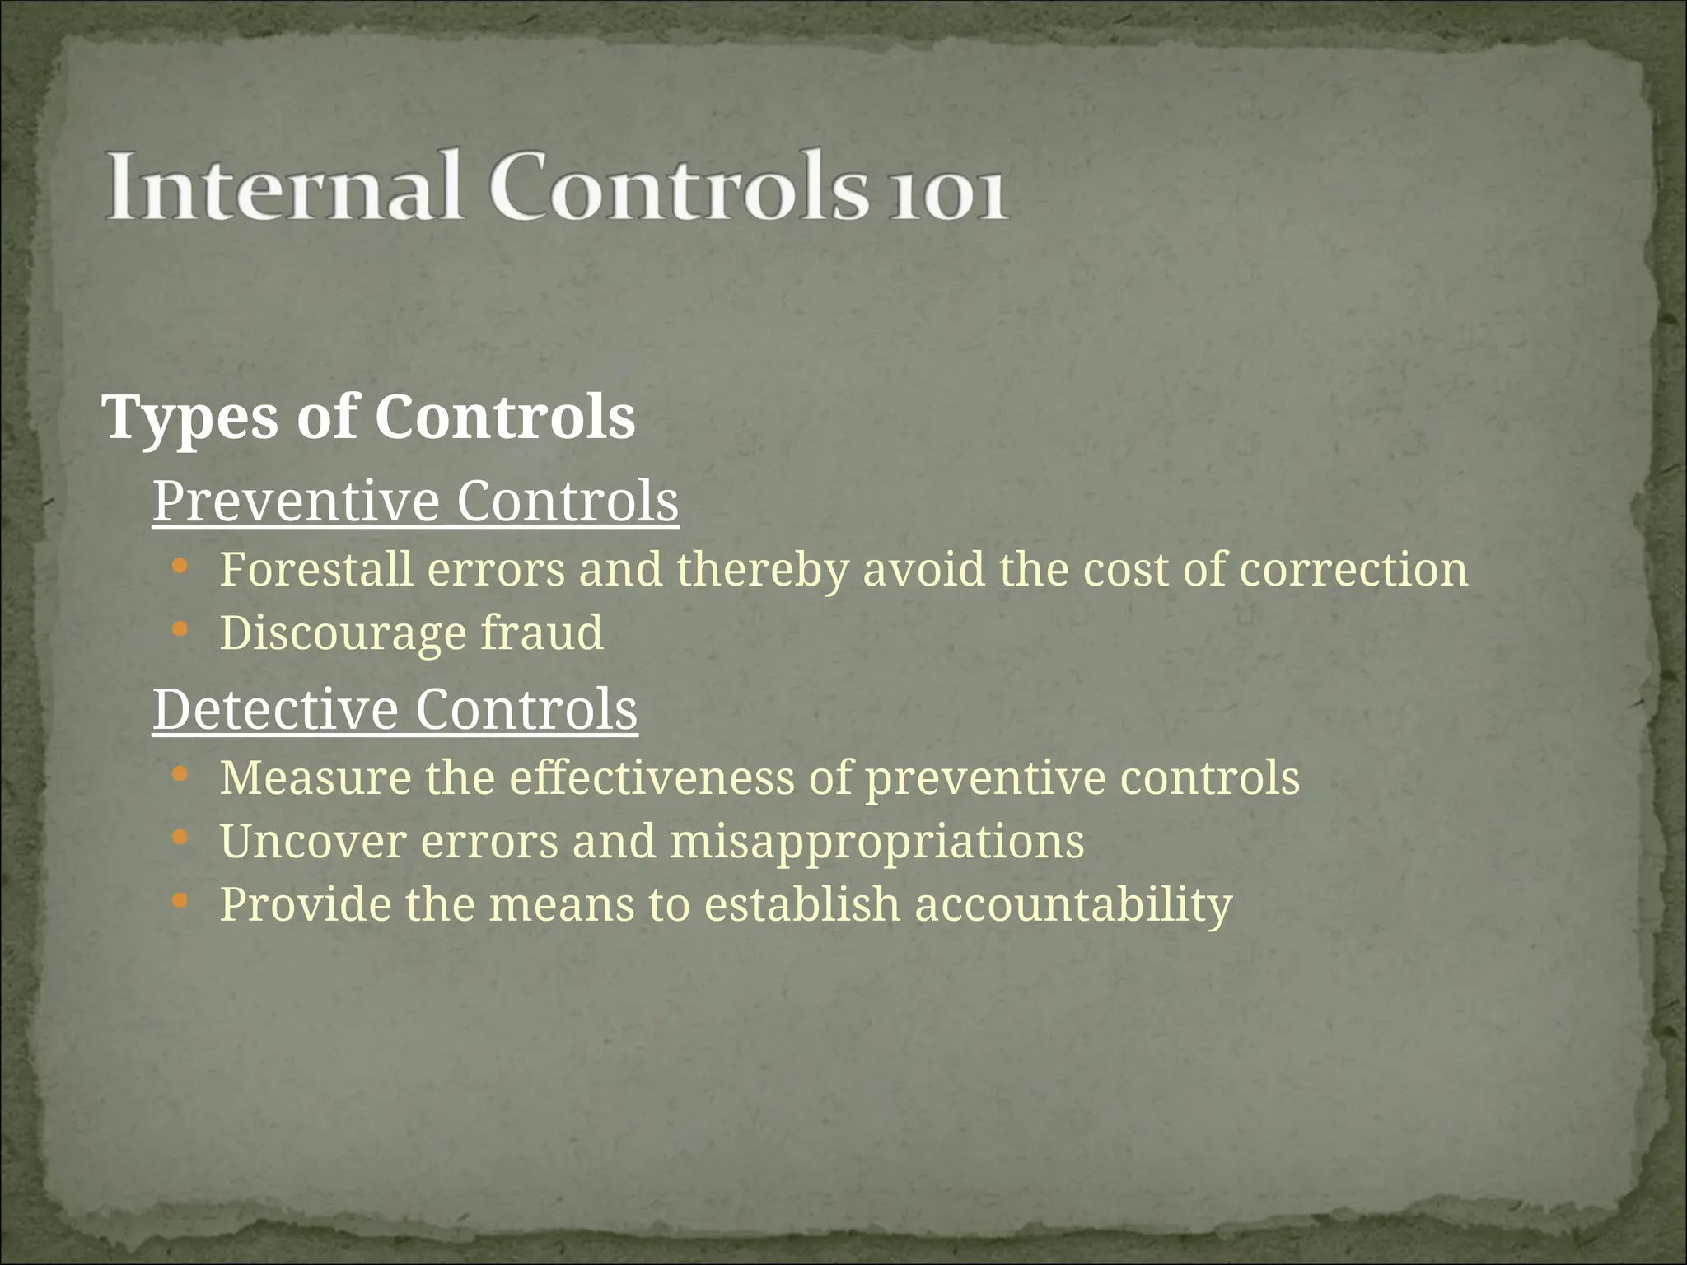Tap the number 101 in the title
(948, 195)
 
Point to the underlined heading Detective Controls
(395, 709)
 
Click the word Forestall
(316, 569)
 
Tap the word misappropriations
(876, 842)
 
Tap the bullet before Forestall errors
(180, 567)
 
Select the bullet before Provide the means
(180, 901)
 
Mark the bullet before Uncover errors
(180, 838)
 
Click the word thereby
(763, 571)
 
